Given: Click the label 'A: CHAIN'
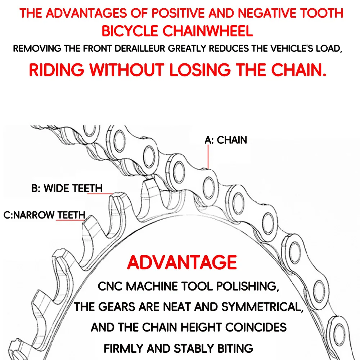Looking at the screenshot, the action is pyautogui.click(x=226, y=140).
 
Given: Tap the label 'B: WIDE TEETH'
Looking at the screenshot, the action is pyautogui.click(x=67, y=188).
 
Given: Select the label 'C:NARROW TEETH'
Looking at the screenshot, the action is pyautogui.click(x=44, y=215).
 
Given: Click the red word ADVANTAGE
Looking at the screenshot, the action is pyautogui.click(x=182, y=262).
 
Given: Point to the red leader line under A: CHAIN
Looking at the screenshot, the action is pyautogui.click(x=208, y=157).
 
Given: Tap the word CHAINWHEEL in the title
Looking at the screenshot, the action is pyautogui.click(x=208, y=31).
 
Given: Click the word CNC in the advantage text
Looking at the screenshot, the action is pyautogui.click(x=110, y=286).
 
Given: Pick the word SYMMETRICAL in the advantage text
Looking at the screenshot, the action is pyautogui.click(x=262, y=307).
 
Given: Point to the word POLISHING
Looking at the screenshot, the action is pyautogui.click(x=248, y=287).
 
